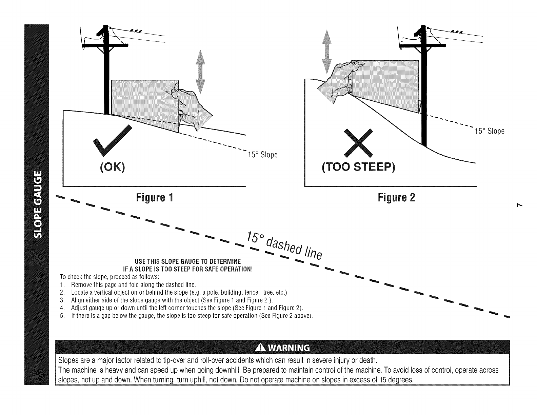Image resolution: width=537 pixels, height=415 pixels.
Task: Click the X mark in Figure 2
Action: (358, 143)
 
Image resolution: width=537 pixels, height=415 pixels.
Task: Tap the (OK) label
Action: (113, 167)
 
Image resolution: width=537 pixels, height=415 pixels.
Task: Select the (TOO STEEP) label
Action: (358, 167)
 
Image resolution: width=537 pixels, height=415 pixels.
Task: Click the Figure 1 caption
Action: (155, 197)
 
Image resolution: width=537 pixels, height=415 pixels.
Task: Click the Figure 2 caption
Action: (396, 197)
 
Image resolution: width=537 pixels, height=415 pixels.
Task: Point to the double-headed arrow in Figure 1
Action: (200, 72)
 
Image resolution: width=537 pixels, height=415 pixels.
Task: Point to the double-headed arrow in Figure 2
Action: (327, 52)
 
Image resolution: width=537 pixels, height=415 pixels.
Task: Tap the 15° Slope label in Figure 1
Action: (263, 155)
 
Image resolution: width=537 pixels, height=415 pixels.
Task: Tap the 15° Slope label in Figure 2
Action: (489, 131)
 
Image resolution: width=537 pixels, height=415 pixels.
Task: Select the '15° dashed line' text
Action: (284, 245)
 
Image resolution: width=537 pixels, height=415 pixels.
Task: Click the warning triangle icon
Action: (260, 348)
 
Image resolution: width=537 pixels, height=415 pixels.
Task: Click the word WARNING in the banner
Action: (289, 348)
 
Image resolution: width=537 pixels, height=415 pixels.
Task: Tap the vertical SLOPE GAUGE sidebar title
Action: (38, 204)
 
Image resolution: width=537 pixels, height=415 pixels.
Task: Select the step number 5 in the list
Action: (62, 316)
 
